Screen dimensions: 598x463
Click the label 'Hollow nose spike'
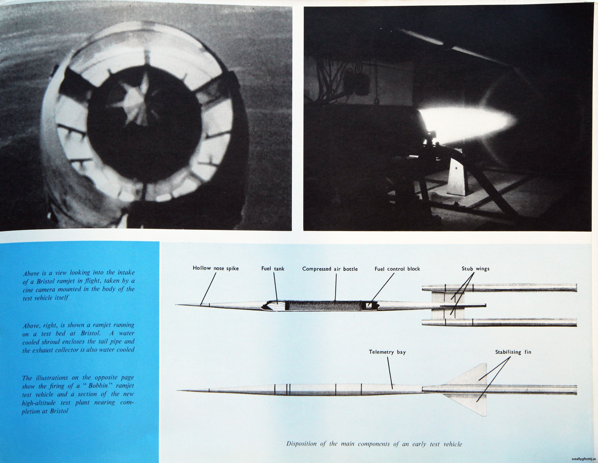pyautogui.click(x=215, y=268)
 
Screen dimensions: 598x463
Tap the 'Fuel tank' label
pyautogui.click(x=273, y=269)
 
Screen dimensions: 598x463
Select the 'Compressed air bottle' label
pyautogui.click(x=330, y=269)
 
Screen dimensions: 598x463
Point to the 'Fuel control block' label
pyautogui.click(x=397, y=269)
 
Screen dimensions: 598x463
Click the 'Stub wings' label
pyautogui.click(x=476, y=269)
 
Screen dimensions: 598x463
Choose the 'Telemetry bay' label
pyautogui.click(x=387, y=352)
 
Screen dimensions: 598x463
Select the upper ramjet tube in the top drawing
pyautogui.click(x=499, y=288)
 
